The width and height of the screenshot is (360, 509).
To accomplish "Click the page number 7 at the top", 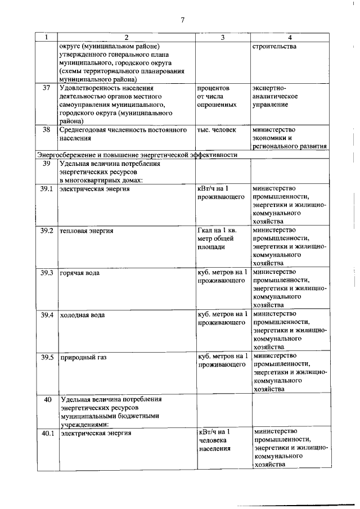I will pos(182,20).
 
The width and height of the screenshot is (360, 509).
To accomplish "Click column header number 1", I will pos(47,37).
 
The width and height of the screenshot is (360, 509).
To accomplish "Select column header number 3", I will pos(222,37).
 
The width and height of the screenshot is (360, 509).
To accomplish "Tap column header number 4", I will pos(289,37).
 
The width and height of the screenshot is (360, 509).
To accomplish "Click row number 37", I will pos(47,88).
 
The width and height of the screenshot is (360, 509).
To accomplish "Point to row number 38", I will pos(47,130).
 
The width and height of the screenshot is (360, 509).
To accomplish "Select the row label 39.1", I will pos(47,188).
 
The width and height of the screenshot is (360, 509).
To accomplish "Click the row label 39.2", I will pos(47,231).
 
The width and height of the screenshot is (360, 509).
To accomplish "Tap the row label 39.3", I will pos(47,273).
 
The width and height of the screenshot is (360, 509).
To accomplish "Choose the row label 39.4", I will pos(47,315).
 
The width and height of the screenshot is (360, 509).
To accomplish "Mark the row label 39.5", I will pos(47,357).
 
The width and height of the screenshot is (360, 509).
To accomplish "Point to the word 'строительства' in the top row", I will pos(275,46).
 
